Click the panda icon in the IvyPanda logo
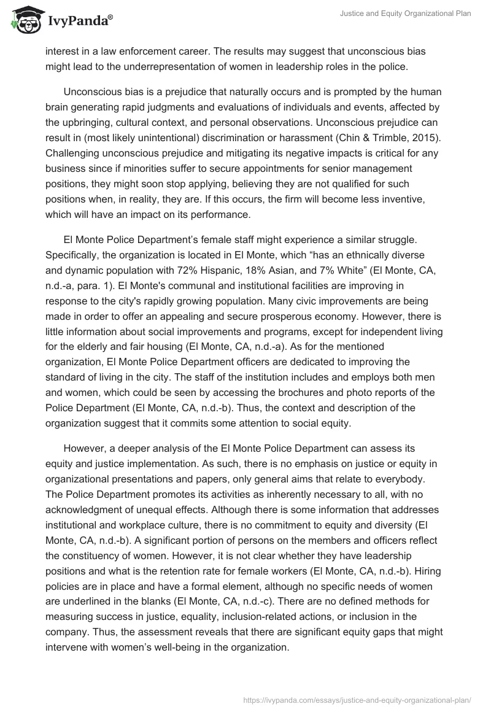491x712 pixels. point(23,19)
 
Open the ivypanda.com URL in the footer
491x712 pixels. point(357,699)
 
